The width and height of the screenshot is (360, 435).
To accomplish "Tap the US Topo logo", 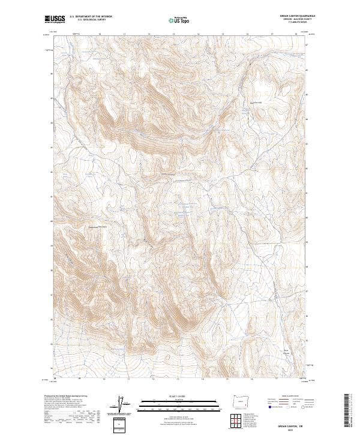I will [x=179, y=20].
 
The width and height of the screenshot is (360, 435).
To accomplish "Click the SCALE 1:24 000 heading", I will [x=179, y=397].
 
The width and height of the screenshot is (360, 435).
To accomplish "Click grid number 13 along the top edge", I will [x=173, y=34].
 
